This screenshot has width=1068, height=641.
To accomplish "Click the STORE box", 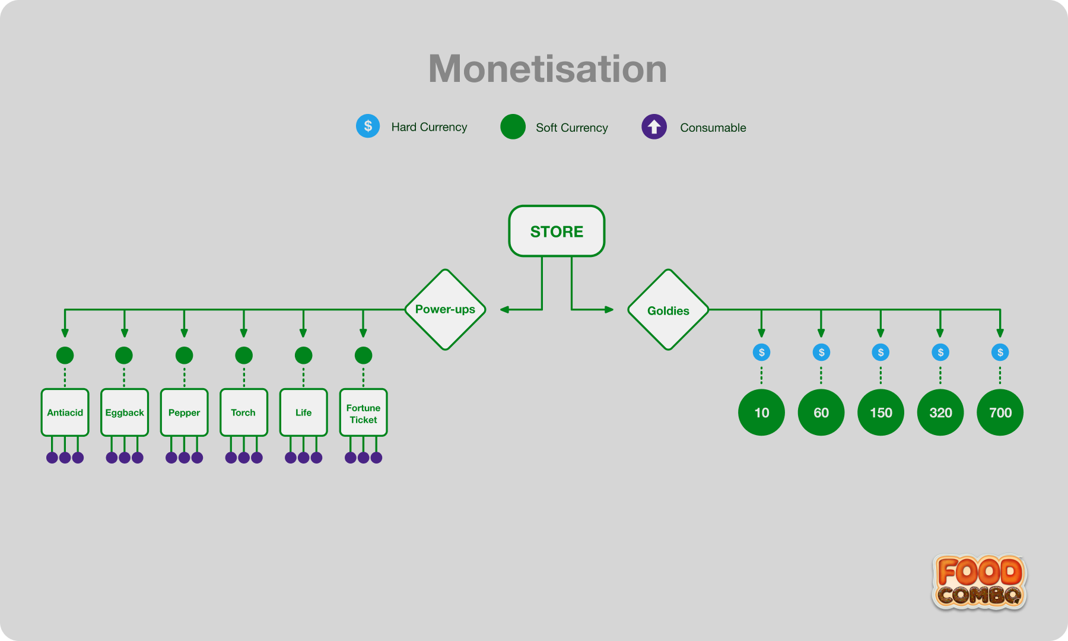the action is [557, 231].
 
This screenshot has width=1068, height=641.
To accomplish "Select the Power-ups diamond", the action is [445, 309].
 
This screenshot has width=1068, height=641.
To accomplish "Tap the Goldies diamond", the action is [668, 310].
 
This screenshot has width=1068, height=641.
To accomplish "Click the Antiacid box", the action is [65, 412].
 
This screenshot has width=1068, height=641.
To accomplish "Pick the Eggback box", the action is [125, 412].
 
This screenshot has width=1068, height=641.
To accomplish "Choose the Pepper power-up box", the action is [184, 412].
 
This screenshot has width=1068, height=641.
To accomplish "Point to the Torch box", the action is [244, 412].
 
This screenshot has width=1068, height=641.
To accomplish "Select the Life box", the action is [303, 412].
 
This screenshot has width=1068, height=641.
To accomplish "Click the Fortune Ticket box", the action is [363, 412].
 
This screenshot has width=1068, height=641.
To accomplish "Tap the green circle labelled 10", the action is [761, 412].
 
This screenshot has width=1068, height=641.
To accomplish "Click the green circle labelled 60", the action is [821, 412].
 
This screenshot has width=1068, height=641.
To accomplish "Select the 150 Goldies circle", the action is [881, 412].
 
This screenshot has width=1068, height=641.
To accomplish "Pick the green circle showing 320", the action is [940, 412].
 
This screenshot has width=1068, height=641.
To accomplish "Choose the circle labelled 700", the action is [1000, 412].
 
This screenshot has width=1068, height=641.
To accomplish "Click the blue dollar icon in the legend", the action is [368, 126].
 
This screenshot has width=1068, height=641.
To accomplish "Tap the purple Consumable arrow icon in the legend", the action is [654, 126].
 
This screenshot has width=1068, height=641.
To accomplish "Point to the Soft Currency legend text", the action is [572, 128].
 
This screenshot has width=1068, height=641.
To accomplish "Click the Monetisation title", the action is [548, 69].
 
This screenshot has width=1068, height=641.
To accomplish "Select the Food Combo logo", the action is [980, 582].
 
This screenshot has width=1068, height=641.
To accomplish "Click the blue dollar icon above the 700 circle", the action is [1000, 353].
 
